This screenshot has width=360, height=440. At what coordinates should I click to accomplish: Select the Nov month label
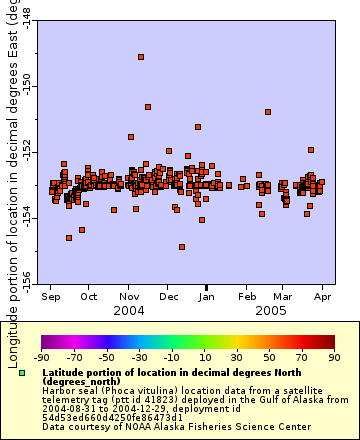[129, 297]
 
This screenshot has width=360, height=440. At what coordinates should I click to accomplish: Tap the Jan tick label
[207, 297]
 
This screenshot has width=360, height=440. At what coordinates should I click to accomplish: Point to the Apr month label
[323, 297]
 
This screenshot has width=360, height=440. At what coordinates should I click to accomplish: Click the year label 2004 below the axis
[129, 311]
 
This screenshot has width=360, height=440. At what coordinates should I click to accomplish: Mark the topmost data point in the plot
[141, 57]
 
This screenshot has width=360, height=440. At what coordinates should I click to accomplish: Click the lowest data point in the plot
[182, 247]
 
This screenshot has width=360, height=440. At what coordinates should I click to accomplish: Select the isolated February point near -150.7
[267, 112]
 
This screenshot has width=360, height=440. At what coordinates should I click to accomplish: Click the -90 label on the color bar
[41, 356]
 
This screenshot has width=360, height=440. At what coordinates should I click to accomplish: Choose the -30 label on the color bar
[139, 356]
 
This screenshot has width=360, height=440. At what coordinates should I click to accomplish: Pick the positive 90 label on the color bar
[334, 356]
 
